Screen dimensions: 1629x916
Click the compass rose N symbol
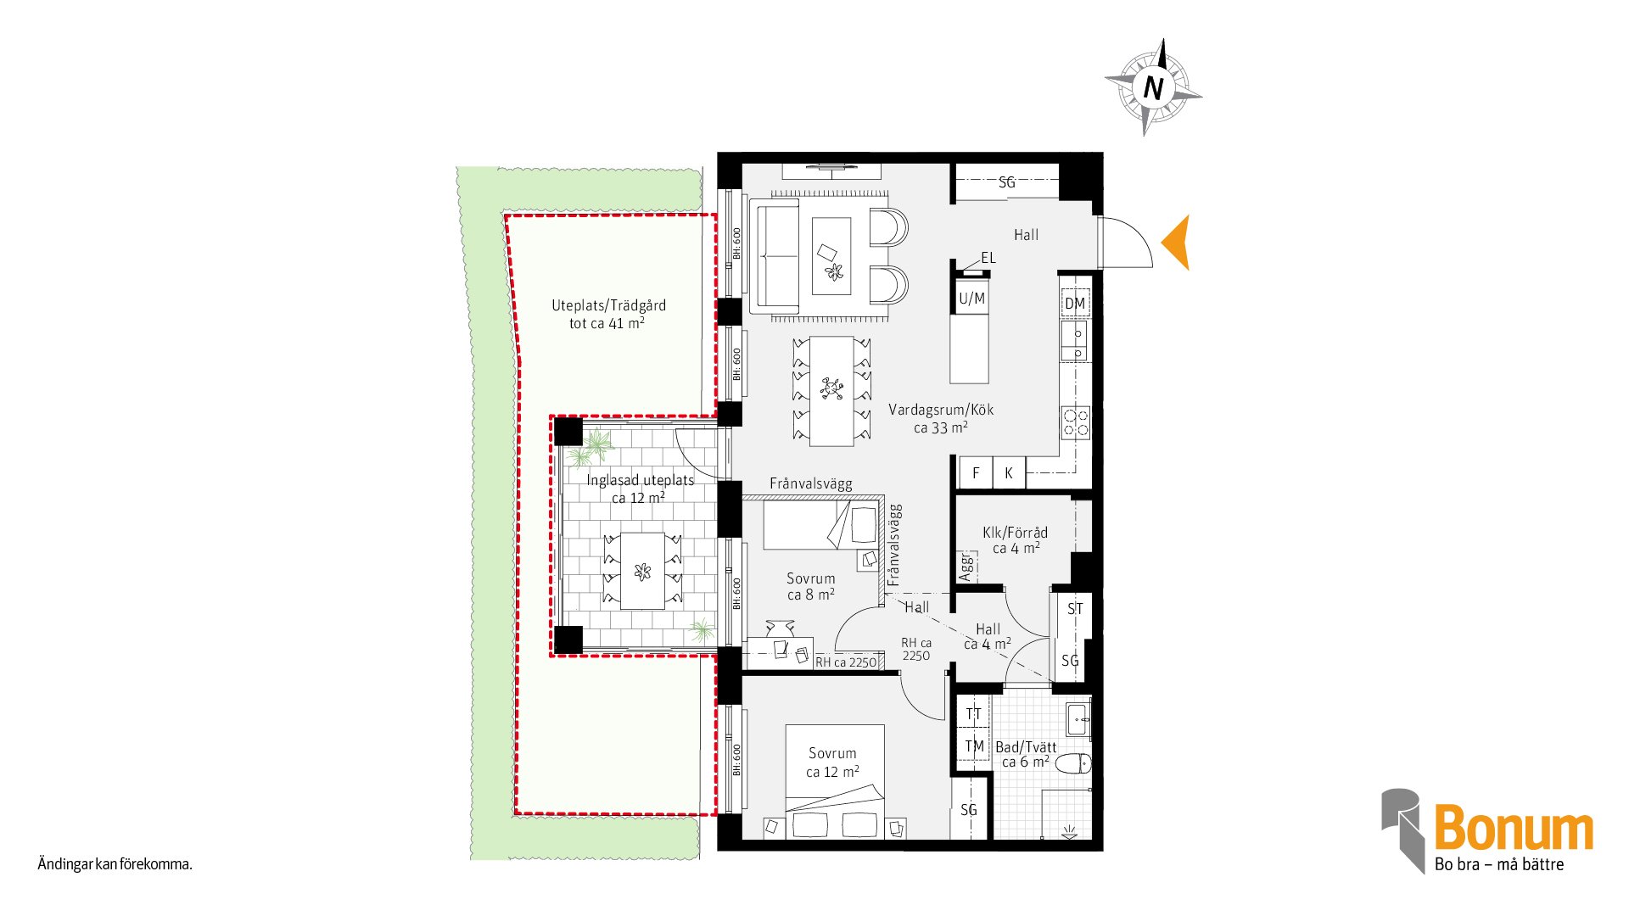click(x=1153, y=87)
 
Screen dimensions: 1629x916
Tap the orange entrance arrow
click(x=1176, y=243)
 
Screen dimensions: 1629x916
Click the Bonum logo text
click(x=1514, y=828)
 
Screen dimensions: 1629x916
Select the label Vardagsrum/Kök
click(x=941, y=410)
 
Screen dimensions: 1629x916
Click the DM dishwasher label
click(x=1075, y=304)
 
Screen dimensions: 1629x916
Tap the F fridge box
click(x=976, y=472)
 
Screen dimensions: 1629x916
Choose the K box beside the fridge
click(x=1009, y=472)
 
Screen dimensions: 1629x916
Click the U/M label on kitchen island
click(x=971, y=299)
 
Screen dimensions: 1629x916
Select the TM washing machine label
click(x=975, y=746)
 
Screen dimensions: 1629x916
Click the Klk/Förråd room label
click(x=1015, y=533)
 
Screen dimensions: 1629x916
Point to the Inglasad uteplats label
click(x=641, y=480)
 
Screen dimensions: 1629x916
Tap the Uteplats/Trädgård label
click(x=608, y=305)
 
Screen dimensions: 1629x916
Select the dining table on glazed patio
click(x=642, y=571)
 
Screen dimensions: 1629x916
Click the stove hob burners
click(x=1076, y=422)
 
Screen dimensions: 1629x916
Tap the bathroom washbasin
click(x=1078, y=719)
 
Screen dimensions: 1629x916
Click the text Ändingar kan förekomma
click(x=115, y=864)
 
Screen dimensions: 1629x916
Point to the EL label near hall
click(x=988, y=258)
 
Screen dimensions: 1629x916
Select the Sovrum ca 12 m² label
click(x=832, y=762)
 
